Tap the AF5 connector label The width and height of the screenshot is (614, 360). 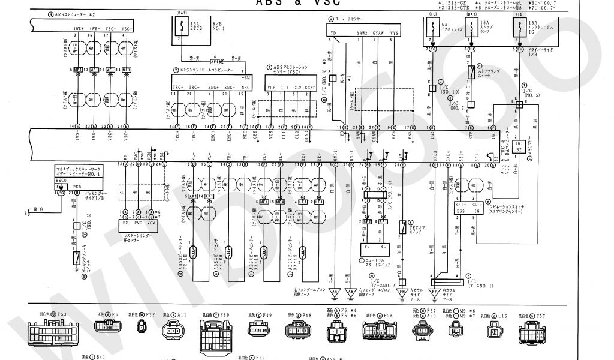click(x=214, y=61)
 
